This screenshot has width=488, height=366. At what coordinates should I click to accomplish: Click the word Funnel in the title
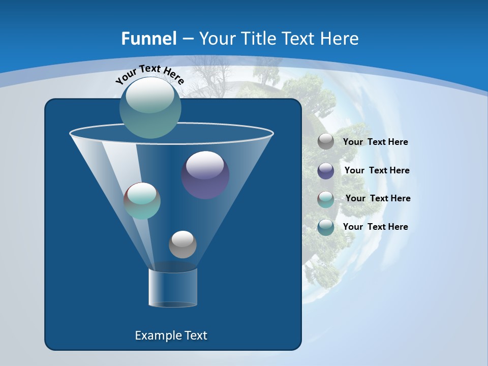coord(149,38)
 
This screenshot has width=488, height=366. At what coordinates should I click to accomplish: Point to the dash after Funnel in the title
coord(187,39)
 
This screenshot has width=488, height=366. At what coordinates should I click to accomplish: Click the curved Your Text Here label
coord(149,74)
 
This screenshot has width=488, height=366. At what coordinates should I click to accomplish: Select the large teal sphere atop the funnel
coord(150,107)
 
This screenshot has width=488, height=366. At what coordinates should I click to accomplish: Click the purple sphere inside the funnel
coord(205,175)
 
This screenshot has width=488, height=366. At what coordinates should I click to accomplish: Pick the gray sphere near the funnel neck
coord(182,245)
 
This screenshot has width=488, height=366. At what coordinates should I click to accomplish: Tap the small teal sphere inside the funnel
coord(142,201)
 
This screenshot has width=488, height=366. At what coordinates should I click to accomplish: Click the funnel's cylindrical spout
coord(173,288)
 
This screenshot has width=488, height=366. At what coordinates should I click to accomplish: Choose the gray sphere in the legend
coord(326,142)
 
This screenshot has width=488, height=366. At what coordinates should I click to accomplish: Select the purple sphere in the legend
coord(326,171)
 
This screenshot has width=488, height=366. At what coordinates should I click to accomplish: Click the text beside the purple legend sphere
coord(377,170)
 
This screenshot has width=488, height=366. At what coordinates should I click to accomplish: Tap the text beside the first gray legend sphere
coord(375,142)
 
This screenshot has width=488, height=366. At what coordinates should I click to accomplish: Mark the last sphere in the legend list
coord(326,227)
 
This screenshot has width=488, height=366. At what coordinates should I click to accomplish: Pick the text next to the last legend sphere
coord(375,227)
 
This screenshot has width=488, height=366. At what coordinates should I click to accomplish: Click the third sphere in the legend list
coord(326,199)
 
